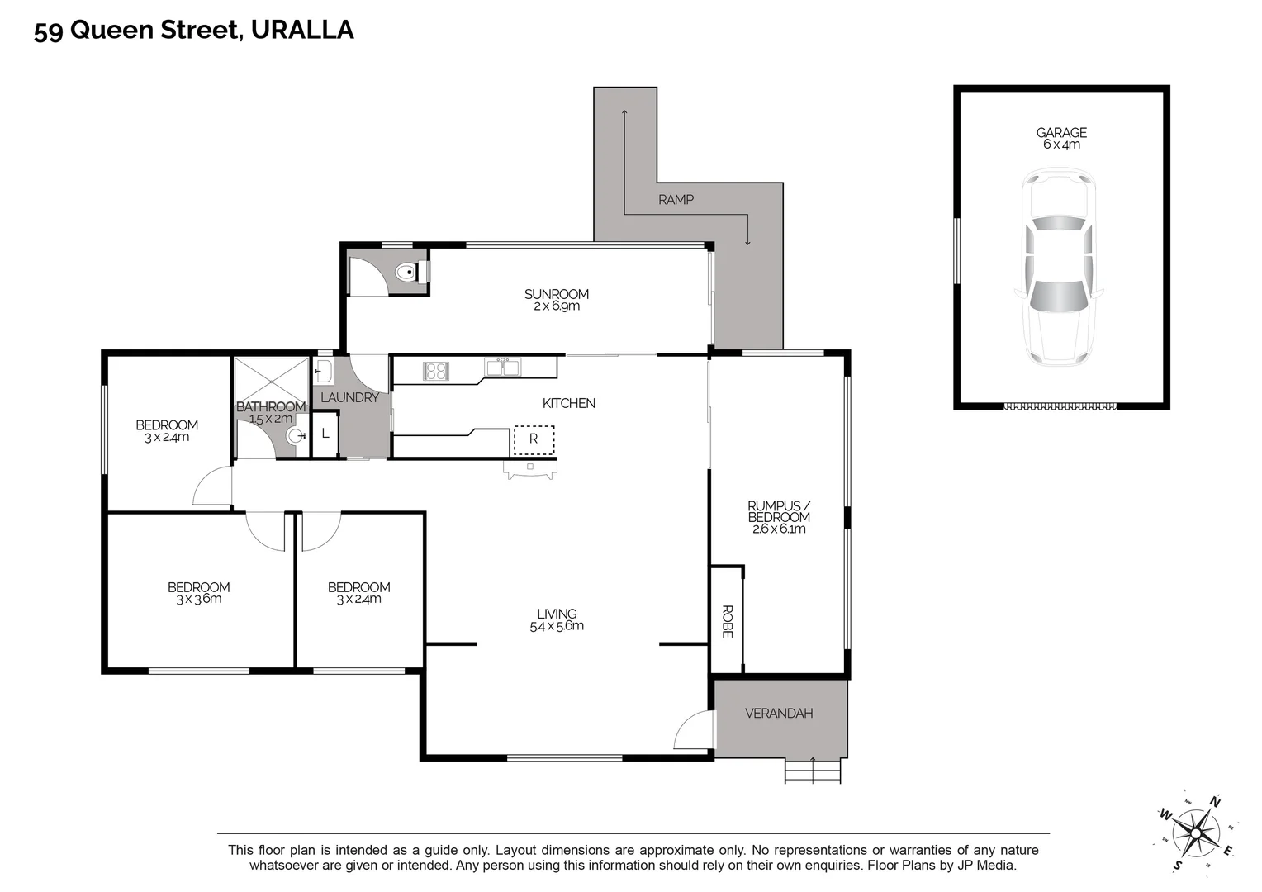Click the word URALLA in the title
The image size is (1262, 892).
301,30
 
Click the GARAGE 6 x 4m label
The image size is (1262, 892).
1061,138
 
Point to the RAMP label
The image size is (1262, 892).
676,199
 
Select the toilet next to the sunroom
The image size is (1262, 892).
406,272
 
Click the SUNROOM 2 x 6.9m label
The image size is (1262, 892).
556,299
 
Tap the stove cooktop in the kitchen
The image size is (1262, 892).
435,371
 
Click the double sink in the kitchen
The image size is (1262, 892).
502,368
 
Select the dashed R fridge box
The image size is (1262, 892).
534,439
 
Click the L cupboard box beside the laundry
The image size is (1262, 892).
325,434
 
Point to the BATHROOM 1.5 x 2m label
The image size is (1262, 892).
271,412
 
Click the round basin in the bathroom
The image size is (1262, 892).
295,436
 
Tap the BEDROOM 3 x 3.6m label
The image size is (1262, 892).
198,592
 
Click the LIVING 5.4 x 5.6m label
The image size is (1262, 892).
557,619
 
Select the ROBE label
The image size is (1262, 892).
728,621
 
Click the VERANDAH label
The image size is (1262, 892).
779,713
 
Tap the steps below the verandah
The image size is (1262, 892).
813,771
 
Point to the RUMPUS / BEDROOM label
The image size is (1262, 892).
779,517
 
